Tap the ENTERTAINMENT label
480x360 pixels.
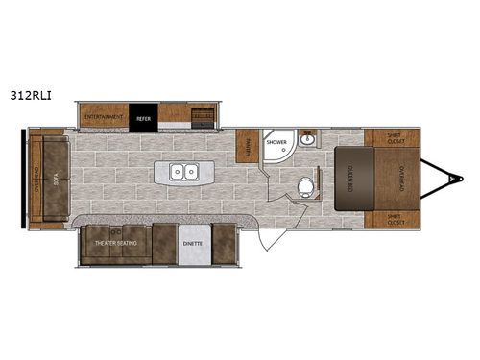[106, 118]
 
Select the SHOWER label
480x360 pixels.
[276, 143]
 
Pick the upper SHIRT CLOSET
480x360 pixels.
[392, 137]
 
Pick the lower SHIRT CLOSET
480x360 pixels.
[392, 219]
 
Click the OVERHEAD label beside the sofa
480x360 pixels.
[36, 179]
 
